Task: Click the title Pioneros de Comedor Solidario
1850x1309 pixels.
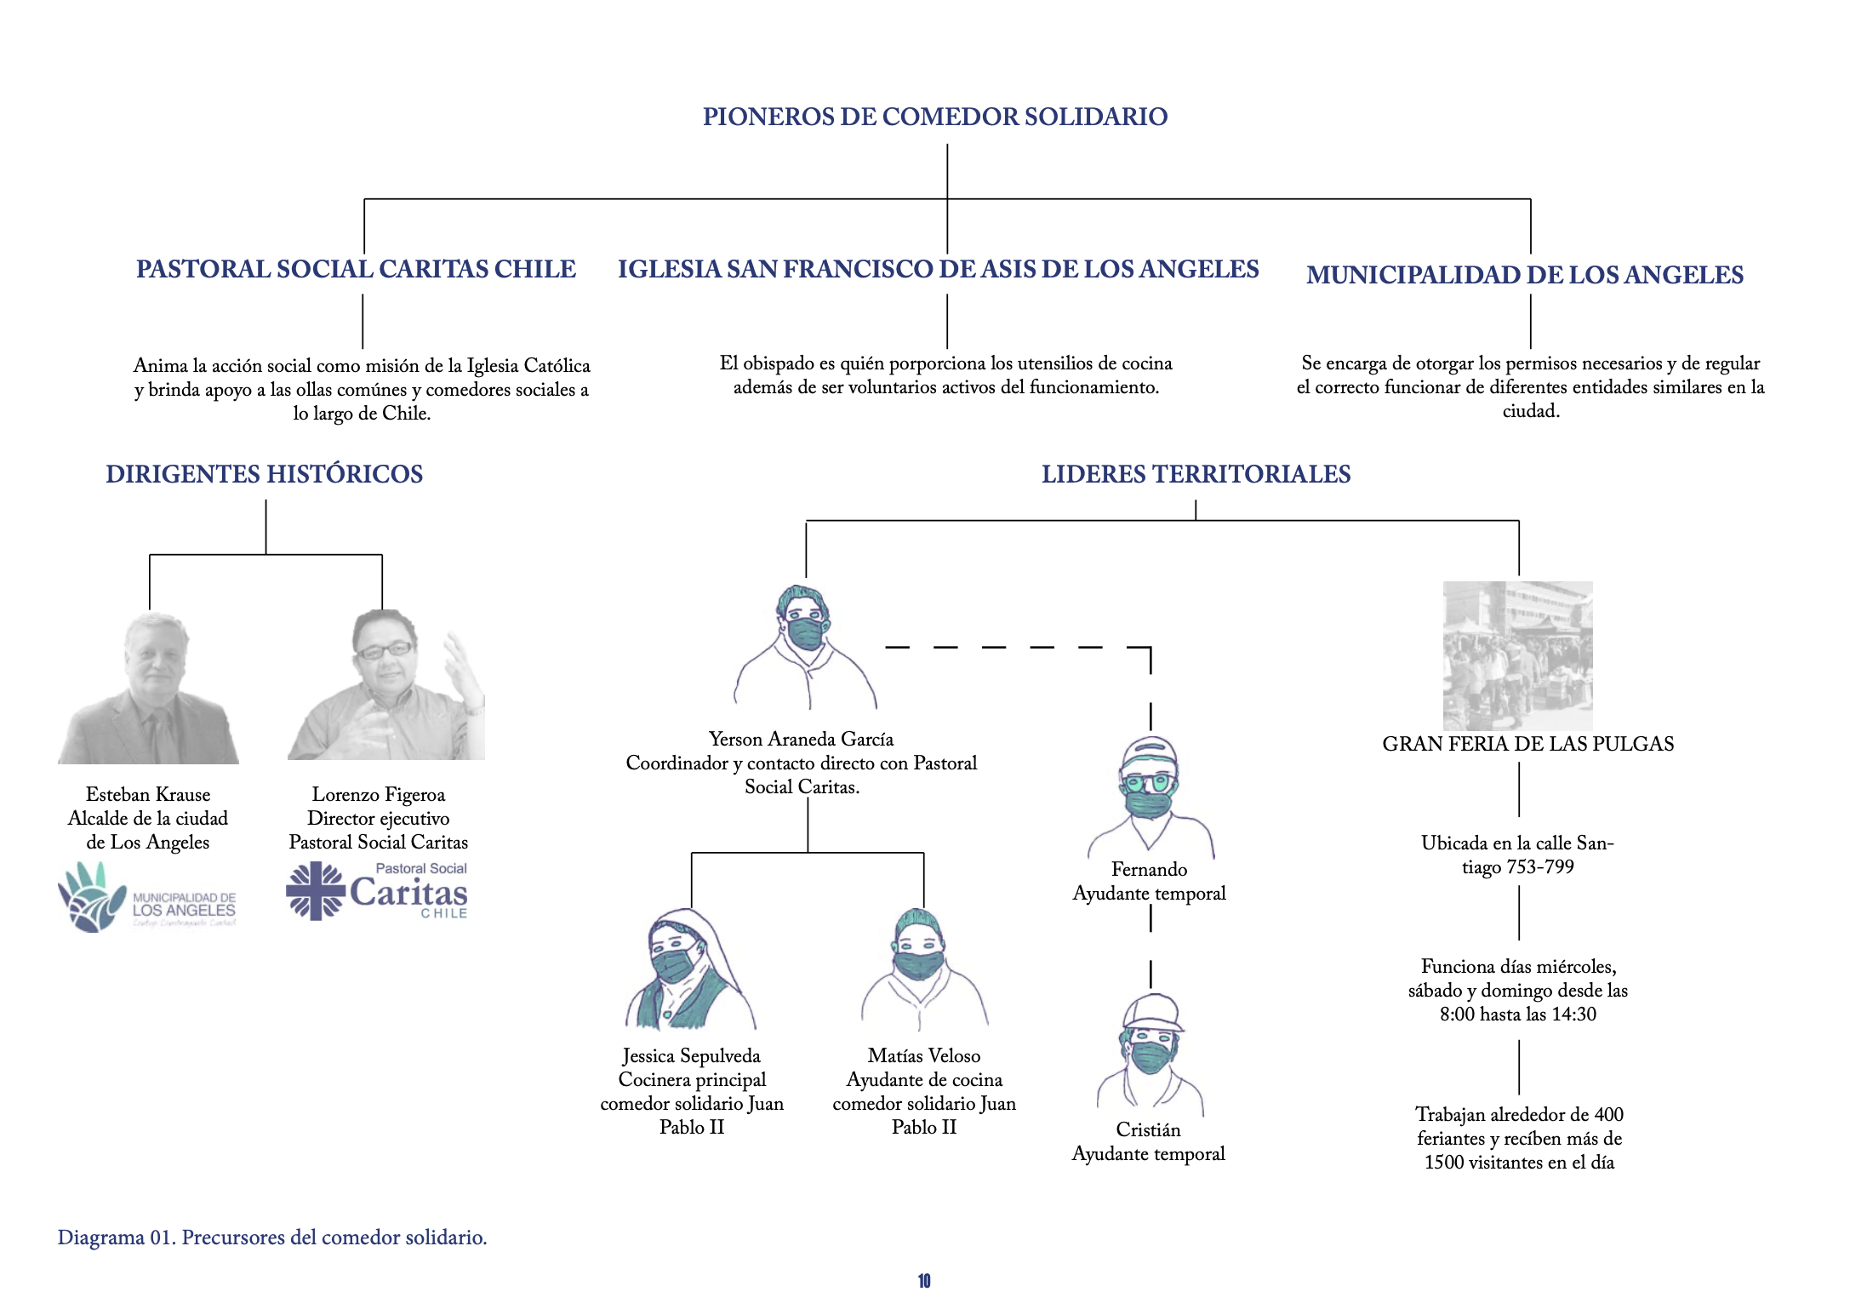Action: tap(934, 117)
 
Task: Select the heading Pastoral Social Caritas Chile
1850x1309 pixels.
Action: tap(356, 269)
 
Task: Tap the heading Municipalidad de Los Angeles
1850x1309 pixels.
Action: tap(1524, 275)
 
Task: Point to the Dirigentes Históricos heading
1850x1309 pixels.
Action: tap(264, 474)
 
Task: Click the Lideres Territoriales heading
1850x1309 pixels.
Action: tap(1196, 474)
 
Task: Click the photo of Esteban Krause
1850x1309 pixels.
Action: tap(150, 688)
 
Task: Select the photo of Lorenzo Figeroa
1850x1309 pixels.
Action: tap(386, 686)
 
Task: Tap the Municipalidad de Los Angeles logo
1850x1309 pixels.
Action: tap(146, 898)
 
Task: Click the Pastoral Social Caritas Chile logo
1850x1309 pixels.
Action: tap(377, 891)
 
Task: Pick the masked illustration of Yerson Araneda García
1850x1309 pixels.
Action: tap(804, 647)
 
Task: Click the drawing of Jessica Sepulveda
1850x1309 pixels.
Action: tap(688, 969)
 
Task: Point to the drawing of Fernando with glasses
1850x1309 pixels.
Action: tap(1150, 796)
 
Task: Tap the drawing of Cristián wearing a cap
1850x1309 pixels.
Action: tap(1151, 1054)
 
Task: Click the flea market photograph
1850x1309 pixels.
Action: tap(1517, 655)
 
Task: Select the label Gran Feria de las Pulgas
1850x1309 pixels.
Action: tap(1527, 744)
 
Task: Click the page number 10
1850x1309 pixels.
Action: tap(924, 1281)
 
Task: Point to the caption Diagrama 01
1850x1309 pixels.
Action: tap(271, 1238)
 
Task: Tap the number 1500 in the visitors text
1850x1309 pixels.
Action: tap(1443, 1163)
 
